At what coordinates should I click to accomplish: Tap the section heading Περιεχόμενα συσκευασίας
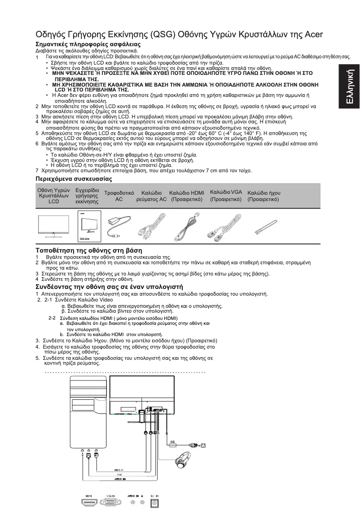(x=74, y=179)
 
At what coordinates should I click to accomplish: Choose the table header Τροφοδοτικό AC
(x=119, y=196)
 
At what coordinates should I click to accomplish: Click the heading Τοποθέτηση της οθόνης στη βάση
(x=89, y=249)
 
